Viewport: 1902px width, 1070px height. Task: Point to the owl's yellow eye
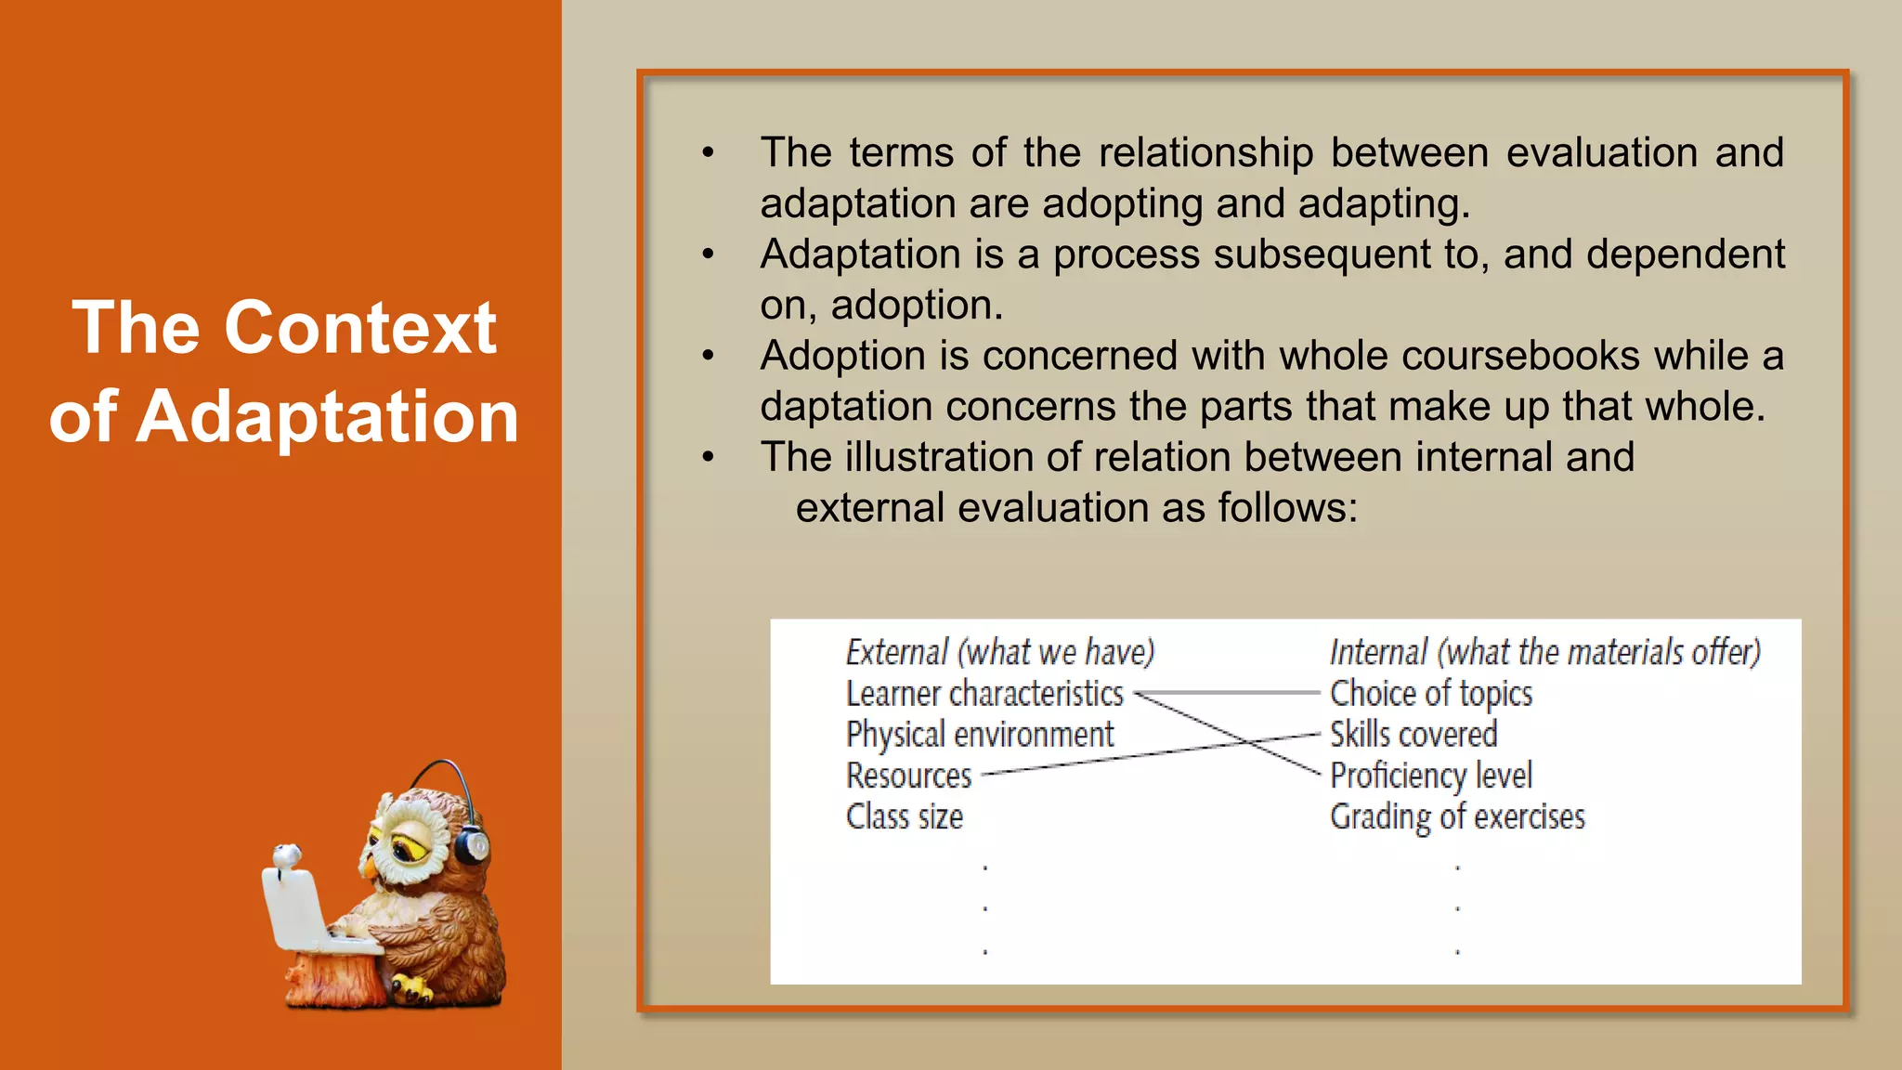click(x=406, y=846)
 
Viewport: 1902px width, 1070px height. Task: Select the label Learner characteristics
click(x=984, y=694)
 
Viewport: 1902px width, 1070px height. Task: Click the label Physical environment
click(x=979, y=735)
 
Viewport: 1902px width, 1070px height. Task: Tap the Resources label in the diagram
click(x=908, y=776)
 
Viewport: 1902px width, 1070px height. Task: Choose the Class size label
click(x=904, y=817)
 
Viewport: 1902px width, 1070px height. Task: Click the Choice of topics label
click(x=1430, y=694)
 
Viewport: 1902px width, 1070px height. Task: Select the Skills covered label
click(x=1413, y=735)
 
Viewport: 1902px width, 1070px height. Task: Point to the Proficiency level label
click(x=1430, y=776)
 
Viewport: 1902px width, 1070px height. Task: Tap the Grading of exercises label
click(x=1456, y=817)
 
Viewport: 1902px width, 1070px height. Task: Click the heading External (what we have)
click(x=999, y=652)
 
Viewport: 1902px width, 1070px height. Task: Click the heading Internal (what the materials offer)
click(x=1544, y=652)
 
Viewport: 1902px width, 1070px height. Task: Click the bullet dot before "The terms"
click(x=708, y=152)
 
